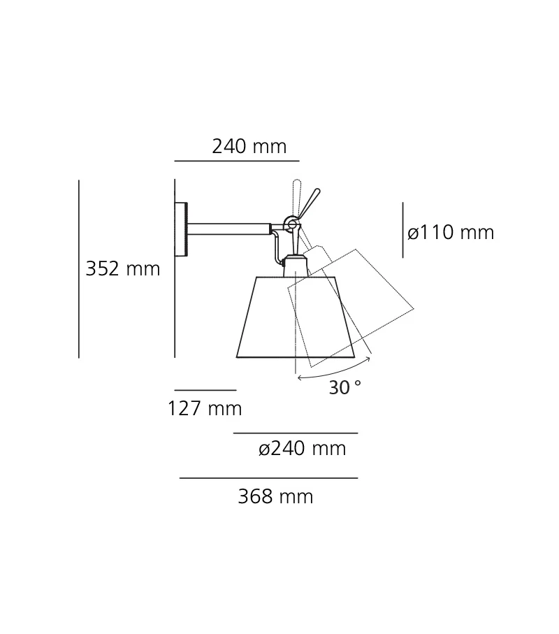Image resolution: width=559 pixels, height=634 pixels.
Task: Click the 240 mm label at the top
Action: pyautogui.click(x=249, y=147)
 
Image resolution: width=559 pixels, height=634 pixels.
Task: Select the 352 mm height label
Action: pyautogui.click(x=123, y=269)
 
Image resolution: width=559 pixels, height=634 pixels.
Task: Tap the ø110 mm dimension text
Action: pyautogui.click(x=451, y=233)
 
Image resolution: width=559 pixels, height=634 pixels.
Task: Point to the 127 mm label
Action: pyautogui.click(x=204, y=409)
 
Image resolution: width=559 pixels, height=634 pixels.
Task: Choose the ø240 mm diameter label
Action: pyautogui.click(x=302, y=449)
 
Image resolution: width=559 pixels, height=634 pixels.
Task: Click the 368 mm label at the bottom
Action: pyautogui.click(x=275, y=497)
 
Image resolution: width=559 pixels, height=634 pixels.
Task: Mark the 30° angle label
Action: pyautogui.click(x=345, y=388)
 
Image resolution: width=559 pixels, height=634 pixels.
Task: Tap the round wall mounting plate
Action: pyautogui.click(x=182, y=229)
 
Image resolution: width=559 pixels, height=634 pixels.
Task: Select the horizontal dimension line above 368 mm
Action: pyautogui.click(x=268, y=478)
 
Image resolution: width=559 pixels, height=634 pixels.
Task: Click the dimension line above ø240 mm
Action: pyautogui.click(x=295, y=433)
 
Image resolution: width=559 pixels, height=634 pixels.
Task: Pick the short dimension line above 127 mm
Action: pyautogui.click(x=205, y=390)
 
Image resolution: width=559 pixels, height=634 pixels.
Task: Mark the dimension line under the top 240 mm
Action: pyautogui.click(x=236, y=161)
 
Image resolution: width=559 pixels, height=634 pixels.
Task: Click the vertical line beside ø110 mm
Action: pyautogui.click(x=402, y=230)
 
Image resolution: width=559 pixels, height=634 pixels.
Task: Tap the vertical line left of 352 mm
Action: pyautogui.click(x=79, y=269)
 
